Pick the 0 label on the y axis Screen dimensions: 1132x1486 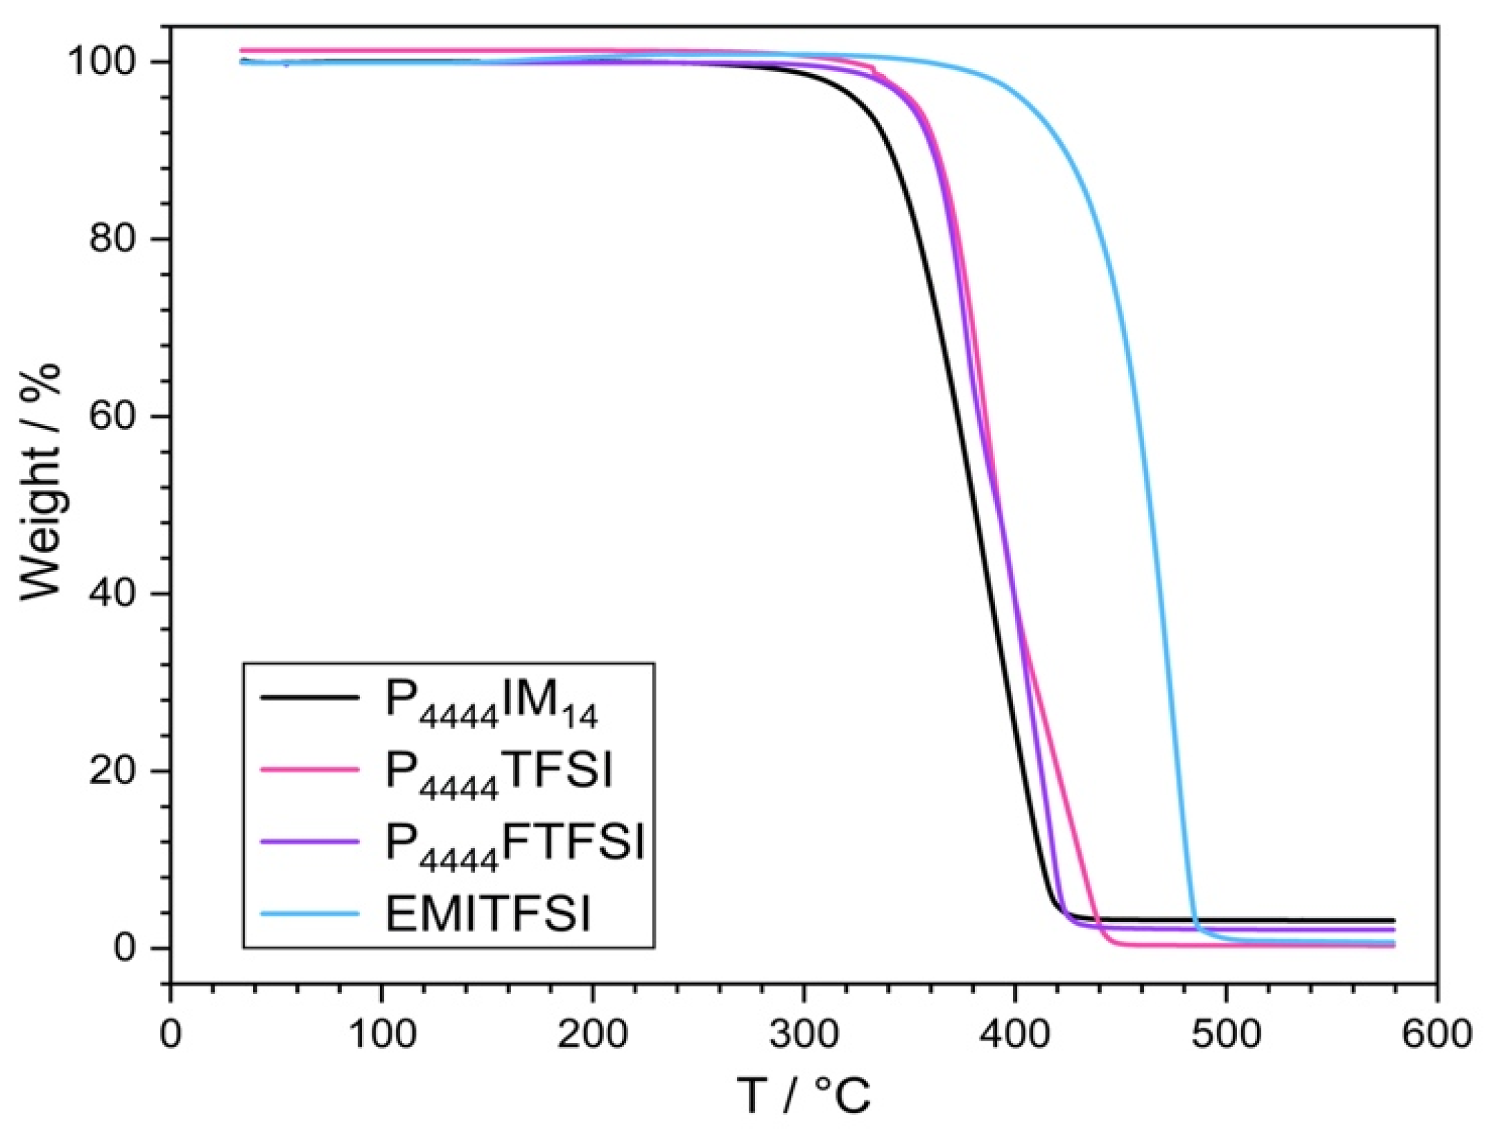click(x=135, y=948)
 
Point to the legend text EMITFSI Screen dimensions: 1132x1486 click(x=488, y=914)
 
